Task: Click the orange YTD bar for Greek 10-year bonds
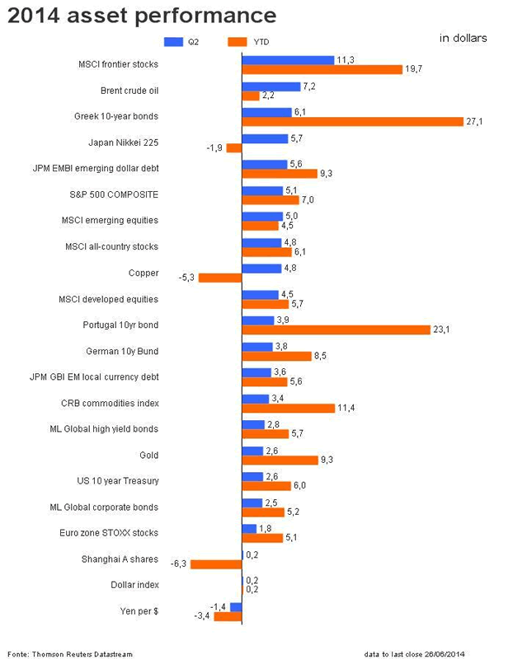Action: (352, 122)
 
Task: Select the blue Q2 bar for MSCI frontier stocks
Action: (288, 60)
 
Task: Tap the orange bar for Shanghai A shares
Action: (216, 564)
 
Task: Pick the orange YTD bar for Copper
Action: (220, 278)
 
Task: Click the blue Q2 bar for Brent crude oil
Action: (271, 86)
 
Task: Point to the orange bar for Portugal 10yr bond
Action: (336, 329)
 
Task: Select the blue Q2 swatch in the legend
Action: (173, 40)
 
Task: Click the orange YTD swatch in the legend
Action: (237, 40)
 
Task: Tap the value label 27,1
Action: (473, 122)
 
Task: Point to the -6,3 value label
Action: (179, 564)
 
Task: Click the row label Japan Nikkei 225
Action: (125, 142)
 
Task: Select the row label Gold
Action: (148, 455)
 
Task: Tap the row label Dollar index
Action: (134, 585)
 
